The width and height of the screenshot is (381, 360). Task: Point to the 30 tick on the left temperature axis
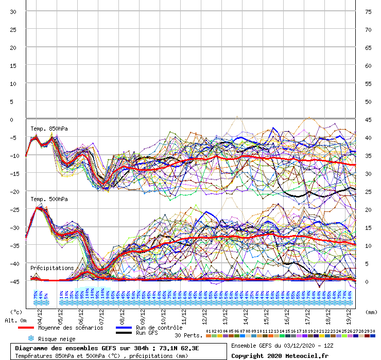(13, 11)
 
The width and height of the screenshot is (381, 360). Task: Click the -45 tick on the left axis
(13, 281)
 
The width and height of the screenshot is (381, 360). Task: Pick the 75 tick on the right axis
(368, 11)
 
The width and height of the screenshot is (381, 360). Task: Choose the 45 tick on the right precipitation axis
(368, 119)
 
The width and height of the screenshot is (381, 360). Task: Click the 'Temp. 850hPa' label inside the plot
(49, 128)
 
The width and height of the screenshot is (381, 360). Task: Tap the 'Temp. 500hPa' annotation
(49, 199)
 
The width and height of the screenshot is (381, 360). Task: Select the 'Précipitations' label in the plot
(51, 268)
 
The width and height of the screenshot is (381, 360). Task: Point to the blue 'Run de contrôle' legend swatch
(125, 328)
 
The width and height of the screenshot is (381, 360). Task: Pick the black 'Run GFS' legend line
(125, 333)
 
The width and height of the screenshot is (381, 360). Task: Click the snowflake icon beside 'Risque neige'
(30, 338)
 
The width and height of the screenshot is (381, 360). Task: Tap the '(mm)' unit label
(370, 312)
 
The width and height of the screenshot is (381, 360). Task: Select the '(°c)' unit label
(16, 312)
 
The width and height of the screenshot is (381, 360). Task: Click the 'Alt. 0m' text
(15, 320)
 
